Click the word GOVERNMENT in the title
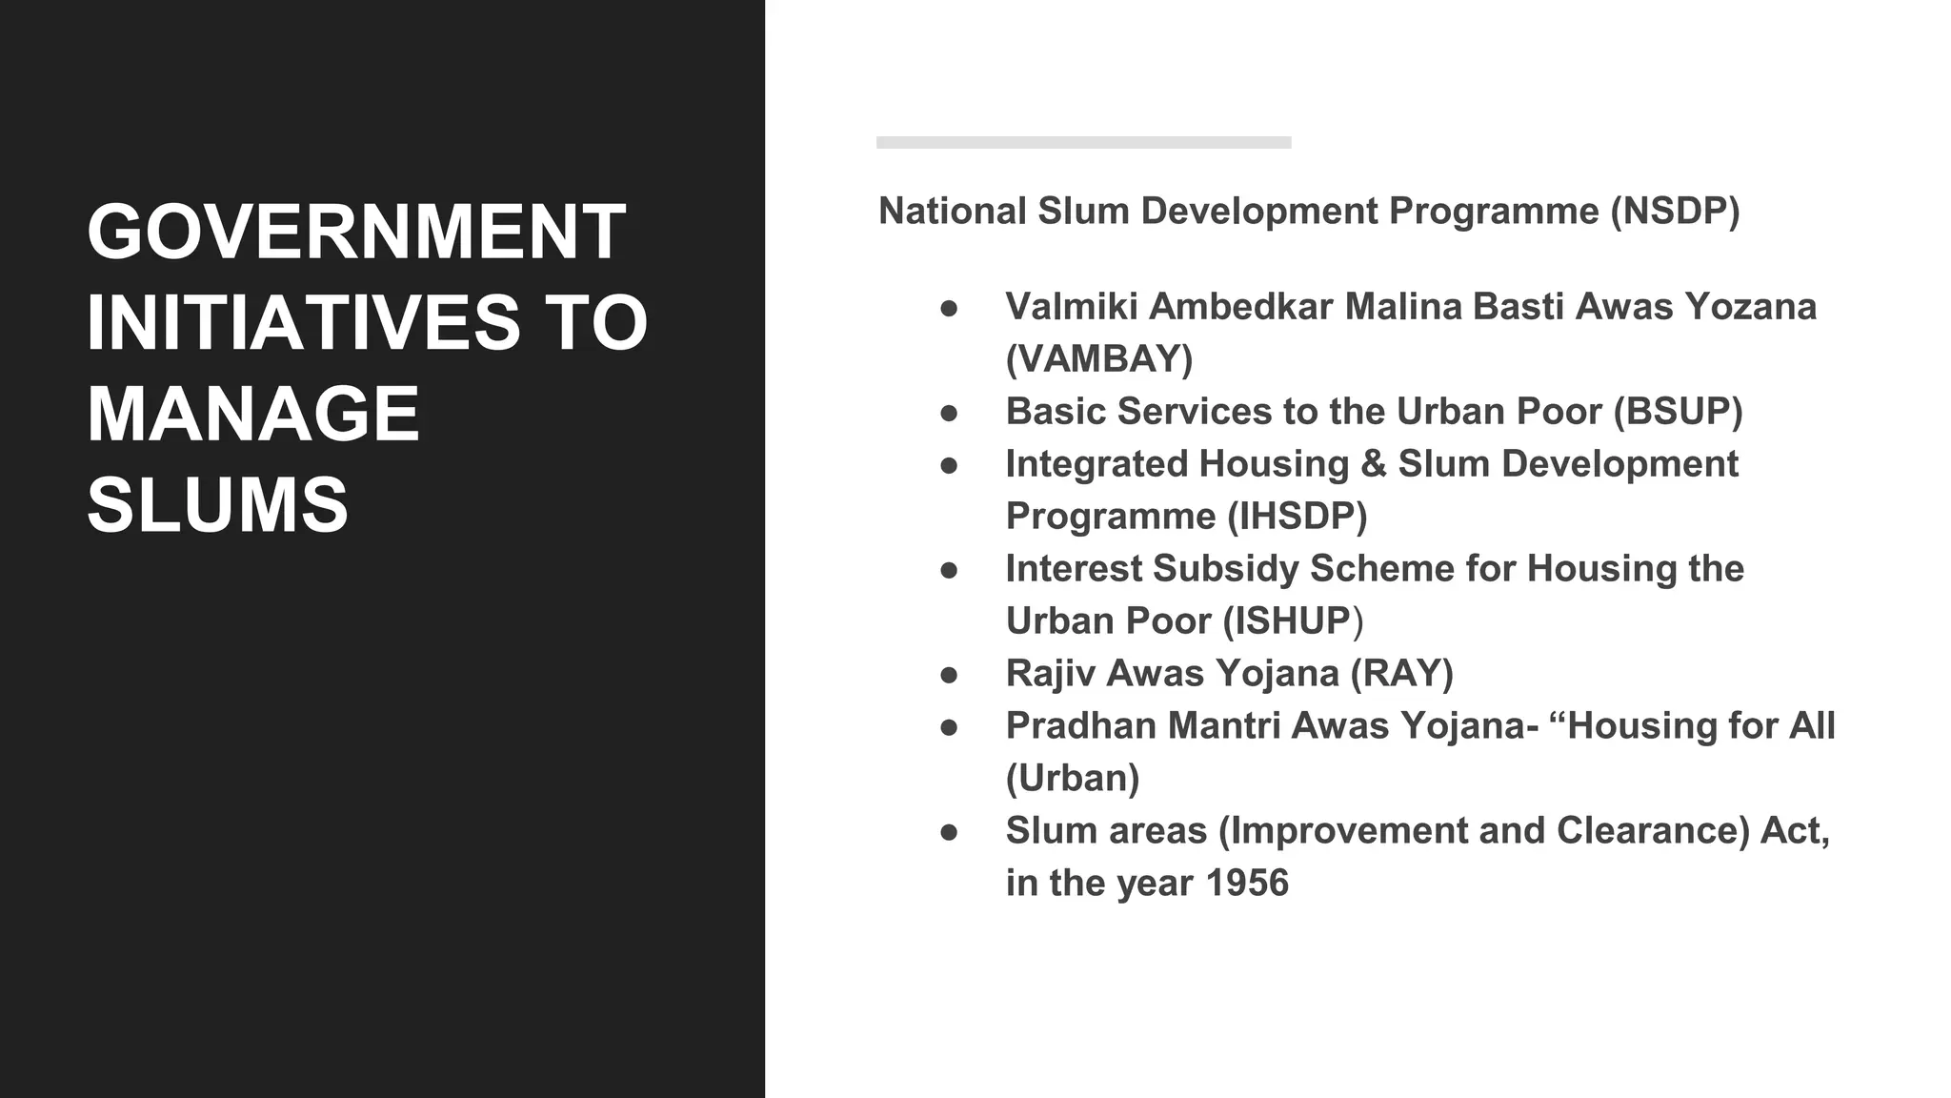[x=356, y=233]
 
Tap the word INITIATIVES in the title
[x=303, y=323]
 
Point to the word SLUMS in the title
[x=218, y=504]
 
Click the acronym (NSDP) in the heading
[x=1675, y=212]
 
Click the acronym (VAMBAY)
[x=1099, y=359]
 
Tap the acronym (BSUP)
[x=1678, y=412]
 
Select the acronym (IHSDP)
[x=1297, y=517]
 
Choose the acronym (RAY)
[x=1401, y=674]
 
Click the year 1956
[x=1246, y=884]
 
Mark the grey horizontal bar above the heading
[x=1083, y=143]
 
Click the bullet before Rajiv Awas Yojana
[x=949, y=675]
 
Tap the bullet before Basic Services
[x=949, y=413]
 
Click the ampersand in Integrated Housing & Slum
[x=1373, y=464]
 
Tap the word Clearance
[x=1653, y=831]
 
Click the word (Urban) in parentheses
[x=1073, y=779]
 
